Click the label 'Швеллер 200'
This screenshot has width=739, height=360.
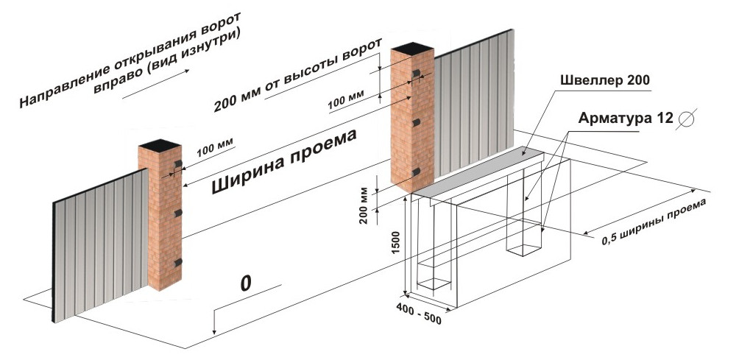(604, 80)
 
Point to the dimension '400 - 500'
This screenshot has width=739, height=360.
(419, 315)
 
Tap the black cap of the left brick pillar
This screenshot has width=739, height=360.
(160, 143)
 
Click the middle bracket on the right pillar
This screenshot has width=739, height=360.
(417, 121)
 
